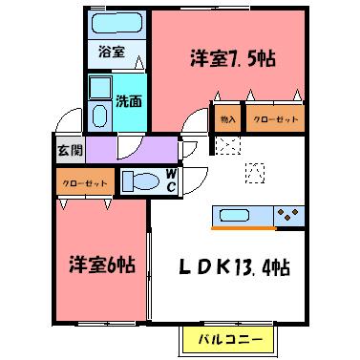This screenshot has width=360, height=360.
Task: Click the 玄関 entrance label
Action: (x=70, y=149)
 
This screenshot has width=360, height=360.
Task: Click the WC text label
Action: (x=170, y=180)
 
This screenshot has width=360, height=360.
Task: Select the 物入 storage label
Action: (x=226, y=120)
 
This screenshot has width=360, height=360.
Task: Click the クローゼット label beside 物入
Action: (x=275, y=120)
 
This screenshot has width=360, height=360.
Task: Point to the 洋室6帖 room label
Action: (x=99, y=263)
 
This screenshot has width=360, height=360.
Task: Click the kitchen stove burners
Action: (x=289, y=215)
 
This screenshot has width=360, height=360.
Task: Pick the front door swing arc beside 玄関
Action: (x=69, y=122)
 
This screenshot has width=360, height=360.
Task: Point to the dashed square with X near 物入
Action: (x=227, y=146)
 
